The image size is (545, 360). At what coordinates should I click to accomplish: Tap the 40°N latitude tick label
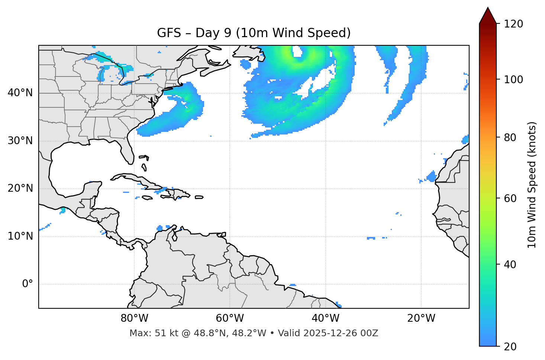pyautogui.click(x=20, y=93)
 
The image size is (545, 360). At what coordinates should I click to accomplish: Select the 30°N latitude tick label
pyautogui.click(x=20, y=141)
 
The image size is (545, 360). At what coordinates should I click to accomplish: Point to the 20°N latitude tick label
pyautogui.click(x=20, y=188)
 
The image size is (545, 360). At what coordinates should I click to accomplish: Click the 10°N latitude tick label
pyautogui.click(x=20, y=236)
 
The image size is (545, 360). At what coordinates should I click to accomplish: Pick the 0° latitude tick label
pyautogui.click(x=28, y=284)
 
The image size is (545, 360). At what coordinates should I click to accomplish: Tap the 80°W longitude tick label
pyautogui.click(x=134, y=318)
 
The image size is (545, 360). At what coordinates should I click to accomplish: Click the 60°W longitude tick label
pyautogui.click(x=230, y=318)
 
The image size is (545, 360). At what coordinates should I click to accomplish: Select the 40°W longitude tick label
pyautogui.click(x=325, y=318)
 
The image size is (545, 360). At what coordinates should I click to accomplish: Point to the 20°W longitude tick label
pyautogui.click(x=421, y=318)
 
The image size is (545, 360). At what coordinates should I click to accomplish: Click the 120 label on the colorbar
pyautogui.click(x=513, y=24)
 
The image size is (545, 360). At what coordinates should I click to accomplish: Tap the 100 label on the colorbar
pyautogui.click(x=513, y=80)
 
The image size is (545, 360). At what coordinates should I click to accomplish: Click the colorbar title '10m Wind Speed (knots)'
pyautogui.click(x=532, y=185)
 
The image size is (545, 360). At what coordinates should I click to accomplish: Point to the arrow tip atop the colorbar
pyautogui.click(x=488, y=8)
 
